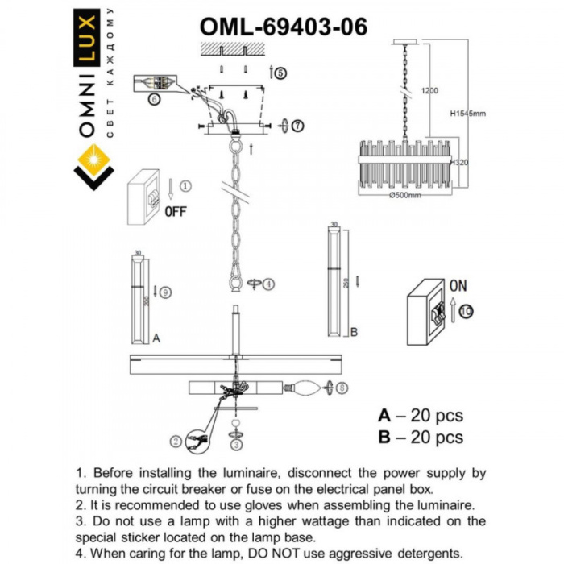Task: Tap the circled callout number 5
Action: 280,73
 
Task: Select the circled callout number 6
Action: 154,100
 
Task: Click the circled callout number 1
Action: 185,186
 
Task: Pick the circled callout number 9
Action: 164,292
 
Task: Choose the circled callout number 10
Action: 469,312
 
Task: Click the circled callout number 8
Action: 342,388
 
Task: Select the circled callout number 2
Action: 175,440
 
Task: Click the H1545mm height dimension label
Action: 468,114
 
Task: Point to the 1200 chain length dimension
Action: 430,91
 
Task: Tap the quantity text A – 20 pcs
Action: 421,416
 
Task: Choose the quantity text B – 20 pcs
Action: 421,438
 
